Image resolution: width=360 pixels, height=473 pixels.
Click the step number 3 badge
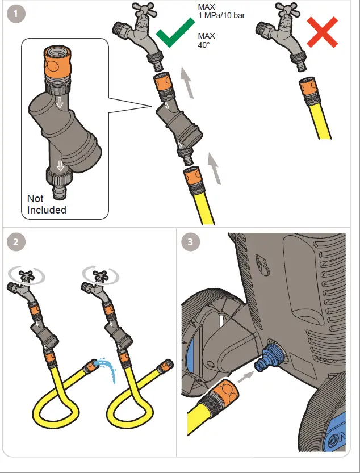click(190, 242)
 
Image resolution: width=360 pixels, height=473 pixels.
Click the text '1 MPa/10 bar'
click(222, 15)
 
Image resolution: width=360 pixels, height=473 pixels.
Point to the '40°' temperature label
click(203, 44)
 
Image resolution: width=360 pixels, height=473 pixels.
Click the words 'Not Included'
click(47, 204)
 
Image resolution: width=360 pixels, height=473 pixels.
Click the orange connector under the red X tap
click(309, 87)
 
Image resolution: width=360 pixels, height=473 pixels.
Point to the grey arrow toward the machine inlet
click(245, 376)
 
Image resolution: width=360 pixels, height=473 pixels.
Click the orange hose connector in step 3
click(224, 395)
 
